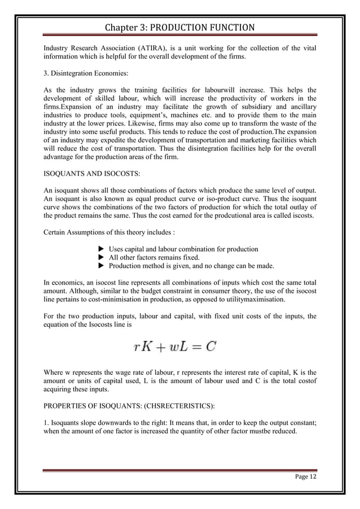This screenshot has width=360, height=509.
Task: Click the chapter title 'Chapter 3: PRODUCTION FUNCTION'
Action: click(179, 28)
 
